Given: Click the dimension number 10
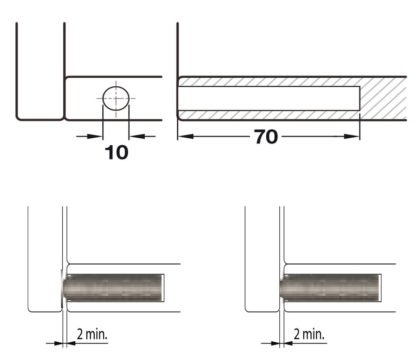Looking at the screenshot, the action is tap(117, 152).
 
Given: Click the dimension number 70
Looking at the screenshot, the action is tap(266, 137).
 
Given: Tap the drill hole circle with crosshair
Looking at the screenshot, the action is tap(116, 98).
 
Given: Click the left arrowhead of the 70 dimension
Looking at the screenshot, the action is tap(186, 136).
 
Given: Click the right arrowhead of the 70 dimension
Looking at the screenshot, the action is tap(352, 136).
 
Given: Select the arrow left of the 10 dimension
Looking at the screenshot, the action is tap(90, 136).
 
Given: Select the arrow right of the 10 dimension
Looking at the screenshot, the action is tap(142, 136).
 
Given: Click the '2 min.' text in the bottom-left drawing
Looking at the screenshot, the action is tap(92, 334).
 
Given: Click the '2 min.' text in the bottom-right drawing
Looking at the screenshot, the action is tap(309, 334).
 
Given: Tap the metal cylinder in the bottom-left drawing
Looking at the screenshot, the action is tap(112, 288).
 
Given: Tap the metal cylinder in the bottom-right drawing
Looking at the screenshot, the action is tap(329, 288).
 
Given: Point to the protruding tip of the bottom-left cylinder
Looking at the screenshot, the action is tap(63, 288).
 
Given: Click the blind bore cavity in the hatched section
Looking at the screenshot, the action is tap(269, 98).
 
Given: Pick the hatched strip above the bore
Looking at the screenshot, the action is tap(269, 82).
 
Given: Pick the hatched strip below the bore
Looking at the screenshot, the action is tap(269, 115).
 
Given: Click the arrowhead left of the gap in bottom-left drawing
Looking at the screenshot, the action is tap(58, 343).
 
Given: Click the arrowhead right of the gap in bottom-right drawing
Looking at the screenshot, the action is tap(288, 343).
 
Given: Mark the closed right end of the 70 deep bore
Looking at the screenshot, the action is tap(359, 98).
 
